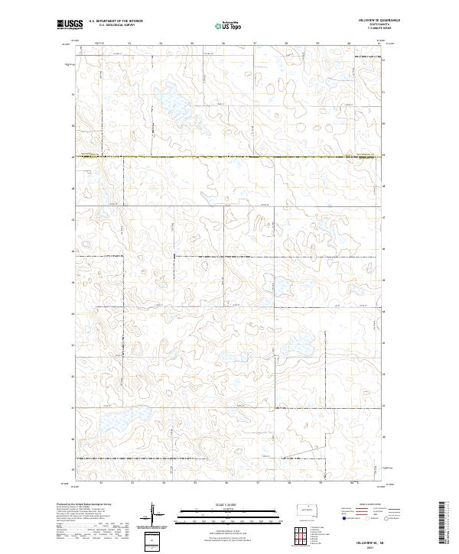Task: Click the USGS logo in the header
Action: coord(67,26)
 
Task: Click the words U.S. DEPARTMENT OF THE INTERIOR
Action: coord(116,21)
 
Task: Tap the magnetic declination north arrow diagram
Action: coord(153,515)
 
